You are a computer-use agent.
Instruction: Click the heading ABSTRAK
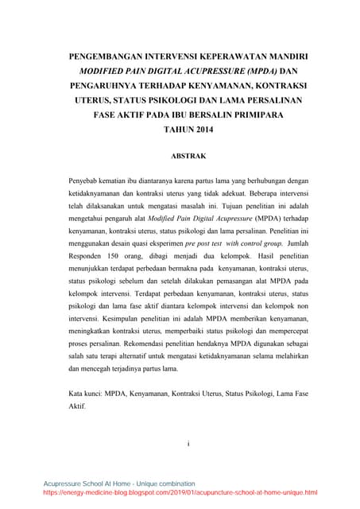pos(180,156)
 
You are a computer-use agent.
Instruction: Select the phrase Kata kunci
pos(90,394)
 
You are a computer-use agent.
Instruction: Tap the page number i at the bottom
pos(180,442)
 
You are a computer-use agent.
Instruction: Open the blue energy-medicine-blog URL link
pos(180,493)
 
